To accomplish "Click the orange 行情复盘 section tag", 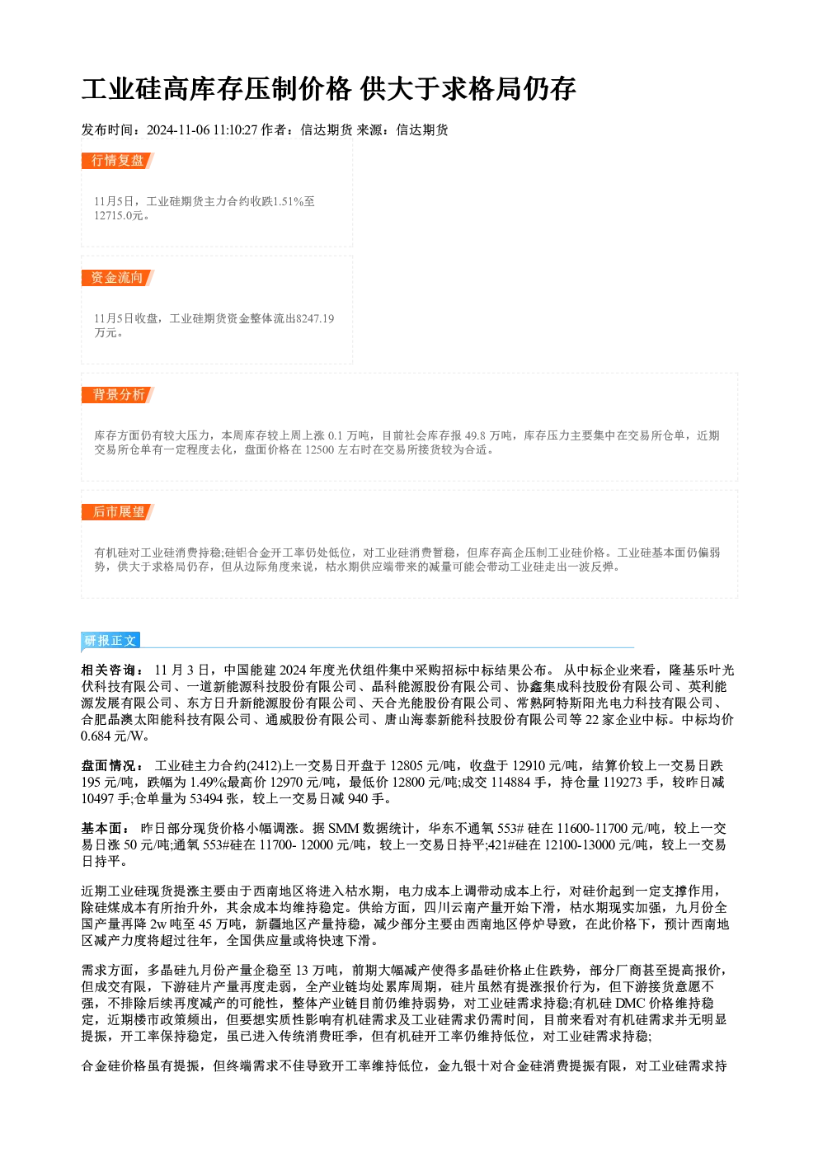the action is click(x=118, y=161).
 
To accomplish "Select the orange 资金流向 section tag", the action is click(x=118, y=278).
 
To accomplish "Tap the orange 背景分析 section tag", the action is click(x=118, y=395).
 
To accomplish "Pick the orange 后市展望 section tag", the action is click(x=118, y=512).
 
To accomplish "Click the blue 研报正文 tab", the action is click(x=110, y=641).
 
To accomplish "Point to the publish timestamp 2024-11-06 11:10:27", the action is click(x=202, y=130).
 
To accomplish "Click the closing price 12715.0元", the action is click(x=119, y=216).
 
